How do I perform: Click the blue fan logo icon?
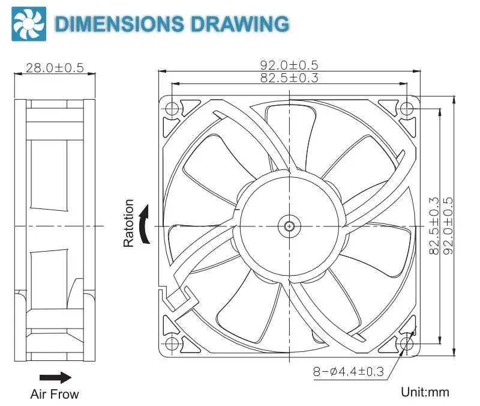click(x=26, y=23)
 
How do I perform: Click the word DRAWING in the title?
click(x=239, y=23)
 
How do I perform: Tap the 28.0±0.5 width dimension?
click(x=55, y=67)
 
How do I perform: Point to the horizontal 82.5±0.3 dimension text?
click(x=289, y=77)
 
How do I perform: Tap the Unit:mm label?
click(x=425, y=392)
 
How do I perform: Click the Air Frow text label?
click(x=55, y=395)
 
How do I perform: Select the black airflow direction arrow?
click(x=55, y=378)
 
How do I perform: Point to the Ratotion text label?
click(x=128, y=224)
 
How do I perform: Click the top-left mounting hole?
click(x=172, y=109)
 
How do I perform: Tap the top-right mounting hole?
click(x=407, y=109)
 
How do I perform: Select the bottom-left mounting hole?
click(x=172, y=343)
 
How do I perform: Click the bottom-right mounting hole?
click(x=407, y=343)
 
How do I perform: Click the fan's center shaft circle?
click(x=289, y=226)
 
